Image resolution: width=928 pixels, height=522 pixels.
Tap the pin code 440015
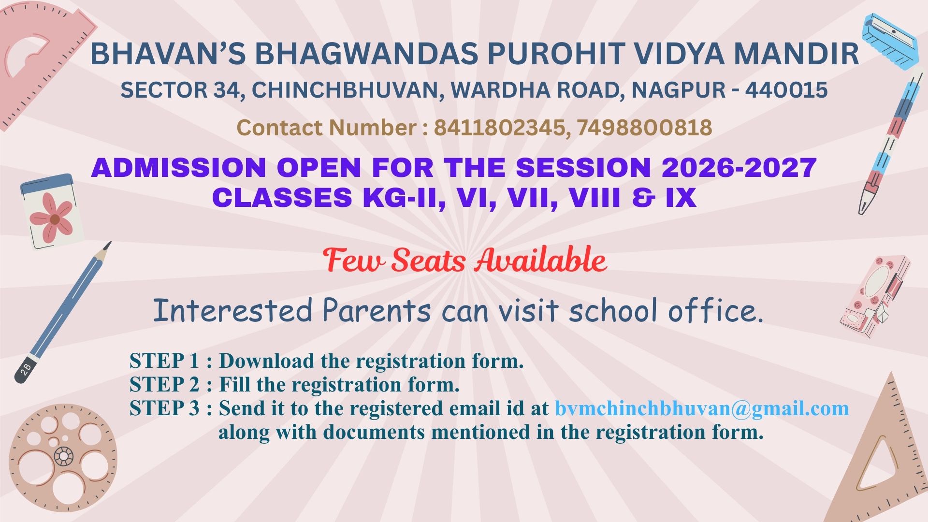pyautogui.click(x=786, y=90)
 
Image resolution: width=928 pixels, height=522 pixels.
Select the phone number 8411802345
pyautogui.click(x=499, y=128)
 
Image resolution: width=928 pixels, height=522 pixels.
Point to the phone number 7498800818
pyautogui.click(x=644, y=128)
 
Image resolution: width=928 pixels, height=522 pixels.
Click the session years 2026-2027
pyautogui.click(x=739, y=168)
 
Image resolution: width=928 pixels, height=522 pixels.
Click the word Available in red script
pyautogui.click(x=540, y=260)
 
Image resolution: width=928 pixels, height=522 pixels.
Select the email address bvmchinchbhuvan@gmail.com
pyautogui.click(x=702, y=408)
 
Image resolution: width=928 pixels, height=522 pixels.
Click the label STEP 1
pyautogui.click(x=164, y=361)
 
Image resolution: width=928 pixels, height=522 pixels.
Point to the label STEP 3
pyautogui.click(x=164, y=408)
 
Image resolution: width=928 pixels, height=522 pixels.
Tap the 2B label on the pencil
pyautogui.click(x=26, y=369)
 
